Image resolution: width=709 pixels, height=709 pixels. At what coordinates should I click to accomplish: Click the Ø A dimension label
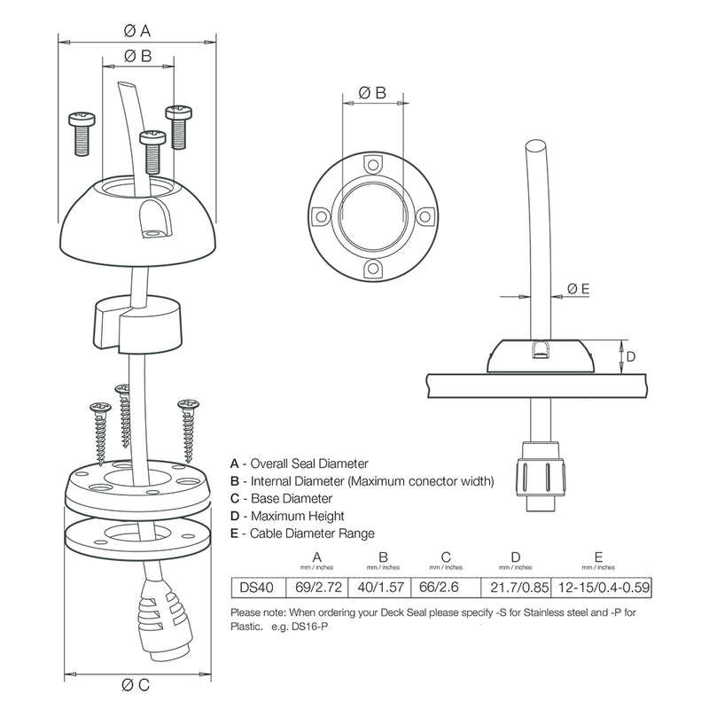pos(136,30)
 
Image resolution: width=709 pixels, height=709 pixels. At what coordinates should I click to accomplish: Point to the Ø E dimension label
pos(578,288)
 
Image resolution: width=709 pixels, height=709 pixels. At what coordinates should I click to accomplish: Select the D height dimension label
pos(631,356)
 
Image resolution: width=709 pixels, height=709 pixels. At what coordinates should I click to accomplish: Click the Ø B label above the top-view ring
pos(372,92)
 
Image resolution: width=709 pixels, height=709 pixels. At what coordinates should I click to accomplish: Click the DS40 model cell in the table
pos(255,586)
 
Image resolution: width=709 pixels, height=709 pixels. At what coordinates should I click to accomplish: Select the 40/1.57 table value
pos(380,586)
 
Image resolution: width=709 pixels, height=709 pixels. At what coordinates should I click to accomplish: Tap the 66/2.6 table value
pos(446,586)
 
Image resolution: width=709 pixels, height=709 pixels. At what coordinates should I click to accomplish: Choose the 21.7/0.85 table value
pos(516,586)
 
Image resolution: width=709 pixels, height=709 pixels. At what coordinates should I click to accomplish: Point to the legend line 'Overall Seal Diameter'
pos(299,464)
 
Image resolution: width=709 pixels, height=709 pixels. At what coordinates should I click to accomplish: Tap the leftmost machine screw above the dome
pos(79,133)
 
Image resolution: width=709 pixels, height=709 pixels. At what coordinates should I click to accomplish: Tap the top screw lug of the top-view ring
pos(372,164)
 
